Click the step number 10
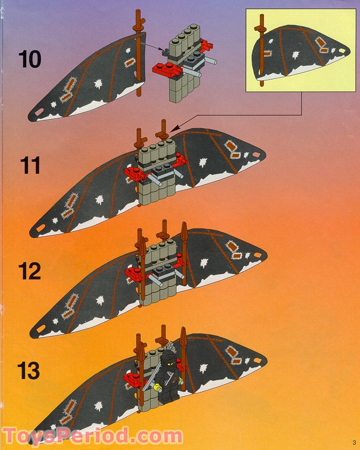coord(30,60)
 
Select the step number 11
coord(30,165)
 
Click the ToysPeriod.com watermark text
coord(92,436)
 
